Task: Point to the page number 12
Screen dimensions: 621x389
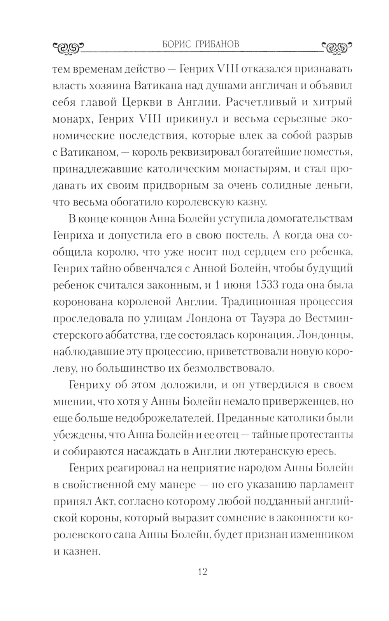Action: click(x=202, y=572)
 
